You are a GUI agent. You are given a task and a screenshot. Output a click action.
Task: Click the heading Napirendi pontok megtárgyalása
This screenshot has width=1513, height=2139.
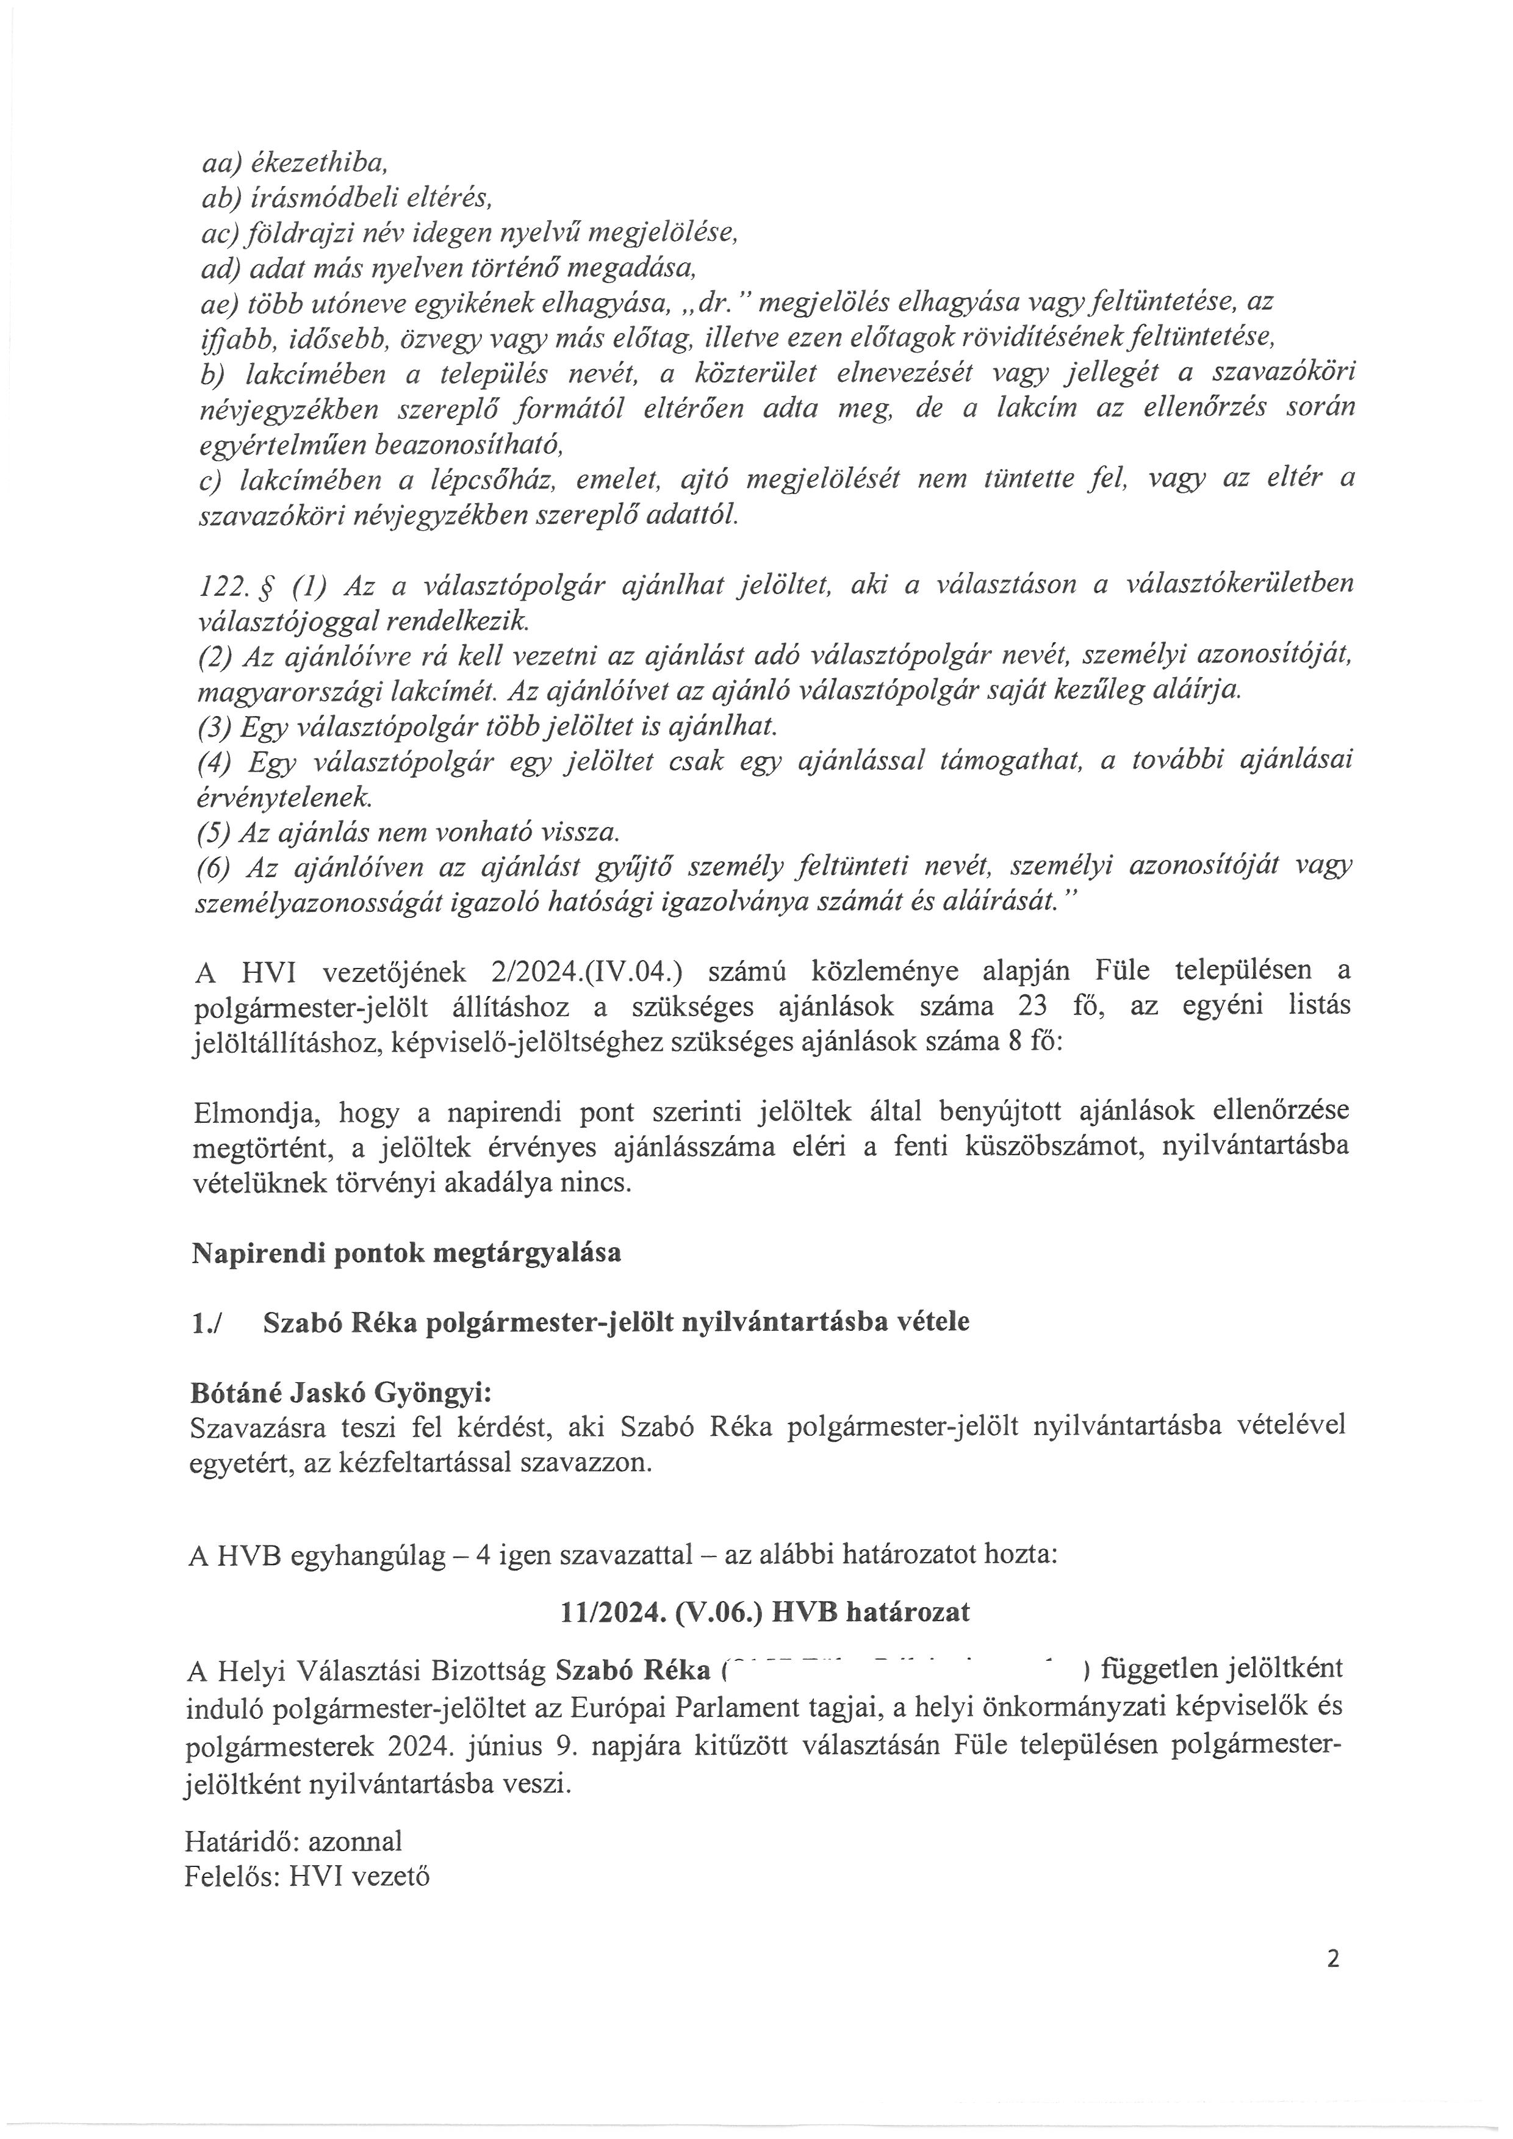coord(406,1253)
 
